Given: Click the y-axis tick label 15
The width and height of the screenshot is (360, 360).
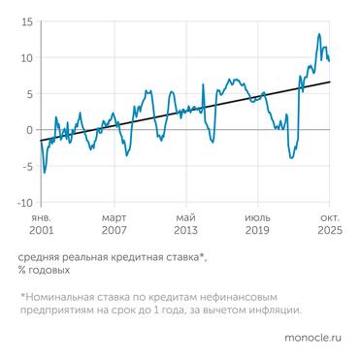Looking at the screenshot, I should [x=26, y=21].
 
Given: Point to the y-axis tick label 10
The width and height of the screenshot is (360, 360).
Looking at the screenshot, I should [x=26, y=57].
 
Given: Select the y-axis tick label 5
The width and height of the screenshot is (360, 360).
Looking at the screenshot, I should [x=29, y=94].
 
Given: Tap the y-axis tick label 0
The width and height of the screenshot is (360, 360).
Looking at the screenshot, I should [x=29, y=130].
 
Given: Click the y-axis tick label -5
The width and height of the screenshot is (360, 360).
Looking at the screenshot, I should [x=27, y=166].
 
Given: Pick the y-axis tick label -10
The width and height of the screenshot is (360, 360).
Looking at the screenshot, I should [x=24, y=203].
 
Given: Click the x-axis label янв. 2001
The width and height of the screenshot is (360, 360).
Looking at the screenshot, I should [x=42, y=224].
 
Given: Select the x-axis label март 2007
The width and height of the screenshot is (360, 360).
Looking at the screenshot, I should [x=115, y=224].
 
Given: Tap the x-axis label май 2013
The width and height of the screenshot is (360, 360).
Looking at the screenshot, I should [x=186, y=224].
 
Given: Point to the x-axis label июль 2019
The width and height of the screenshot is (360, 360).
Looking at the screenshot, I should [x=257, y=224].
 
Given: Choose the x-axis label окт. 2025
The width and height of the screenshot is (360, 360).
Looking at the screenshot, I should [x=329, y=224].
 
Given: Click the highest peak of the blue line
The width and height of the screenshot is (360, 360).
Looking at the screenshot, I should [x=319, y=35].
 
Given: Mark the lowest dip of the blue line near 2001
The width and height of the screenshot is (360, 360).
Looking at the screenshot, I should [x=45, y=173].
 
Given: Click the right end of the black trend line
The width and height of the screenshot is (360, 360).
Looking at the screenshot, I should [x=330, y=82].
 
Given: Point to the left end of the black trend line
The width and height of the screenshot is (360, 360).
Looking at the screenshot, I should [x=41, y=142].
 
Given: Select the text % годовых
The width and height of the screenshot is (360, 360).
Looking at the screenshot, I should [x=44, y=269].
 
